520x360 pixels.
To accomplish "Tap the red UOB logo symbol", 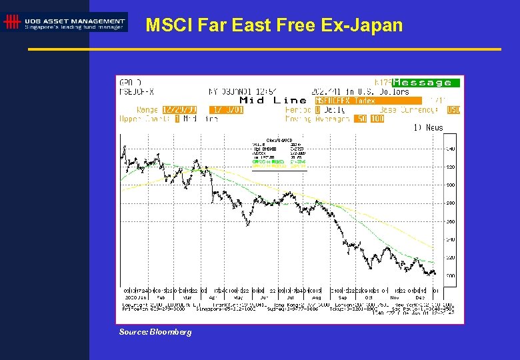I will [x=11, y=22].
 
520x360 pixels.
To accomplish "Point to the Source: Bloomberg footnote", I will [x=155, y=331].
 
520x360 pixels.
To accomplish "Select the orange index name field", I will [x=368, y=101].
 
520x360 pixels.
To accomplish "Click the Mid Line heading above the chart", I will [x=275, y=101].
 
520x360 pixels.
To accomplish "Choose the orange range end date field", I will [x=226, y=110].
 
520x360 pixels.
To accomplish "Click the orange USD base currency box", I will [x=453, y=110].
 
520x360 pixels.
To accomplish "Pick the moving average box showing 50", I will [x=361, y=119].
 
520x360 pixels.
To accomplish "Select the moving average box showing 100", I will [x=377, y=119].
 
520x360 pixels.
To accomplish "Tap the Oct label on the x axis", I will [x=368, y=297].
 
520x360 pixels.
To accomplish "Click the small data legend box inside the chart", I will [x=279, y=154].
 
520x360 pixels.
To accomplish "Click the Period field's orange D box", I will [x=318, y=110].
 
